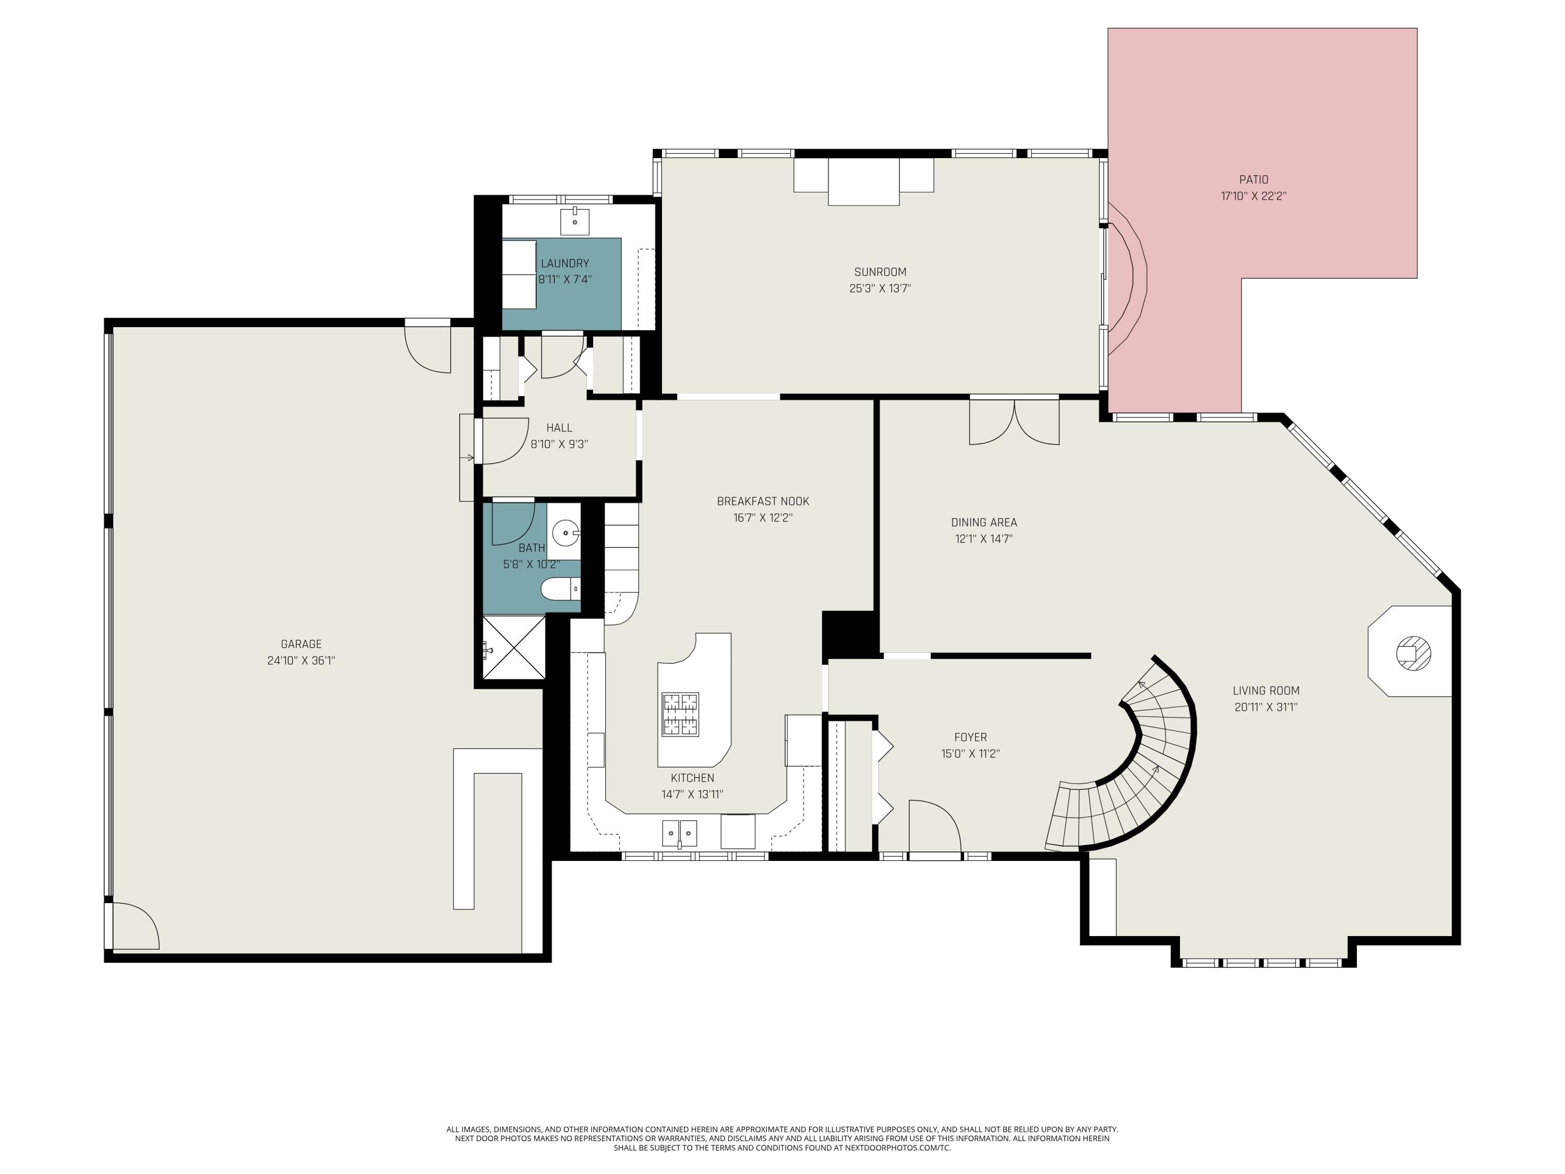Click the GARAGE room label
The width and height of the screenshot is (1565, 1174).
coord(302,644)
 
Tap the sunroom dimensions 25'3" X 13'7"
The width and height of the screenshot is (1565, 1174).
coord(880,289)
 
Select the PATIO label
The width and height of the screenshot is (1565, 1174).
coord(1254,179)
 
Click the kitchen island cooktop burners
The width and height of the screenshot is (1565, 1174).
coord(680,715)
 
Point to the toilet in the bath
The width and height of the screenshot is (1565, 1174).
coord(561,589)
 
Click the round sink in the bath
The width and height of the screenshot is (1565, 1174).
coord(565,533)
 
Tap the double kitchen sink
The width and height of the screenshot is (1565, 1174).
coord(679,833)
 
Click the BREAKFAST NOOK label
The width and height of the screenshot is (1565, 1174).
coord(763,501)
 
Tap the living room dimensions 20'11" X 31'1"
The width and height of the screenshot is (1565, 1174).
coord(1266,707)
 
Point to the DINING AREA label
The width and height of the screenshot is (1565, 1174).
coord(983,522)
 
